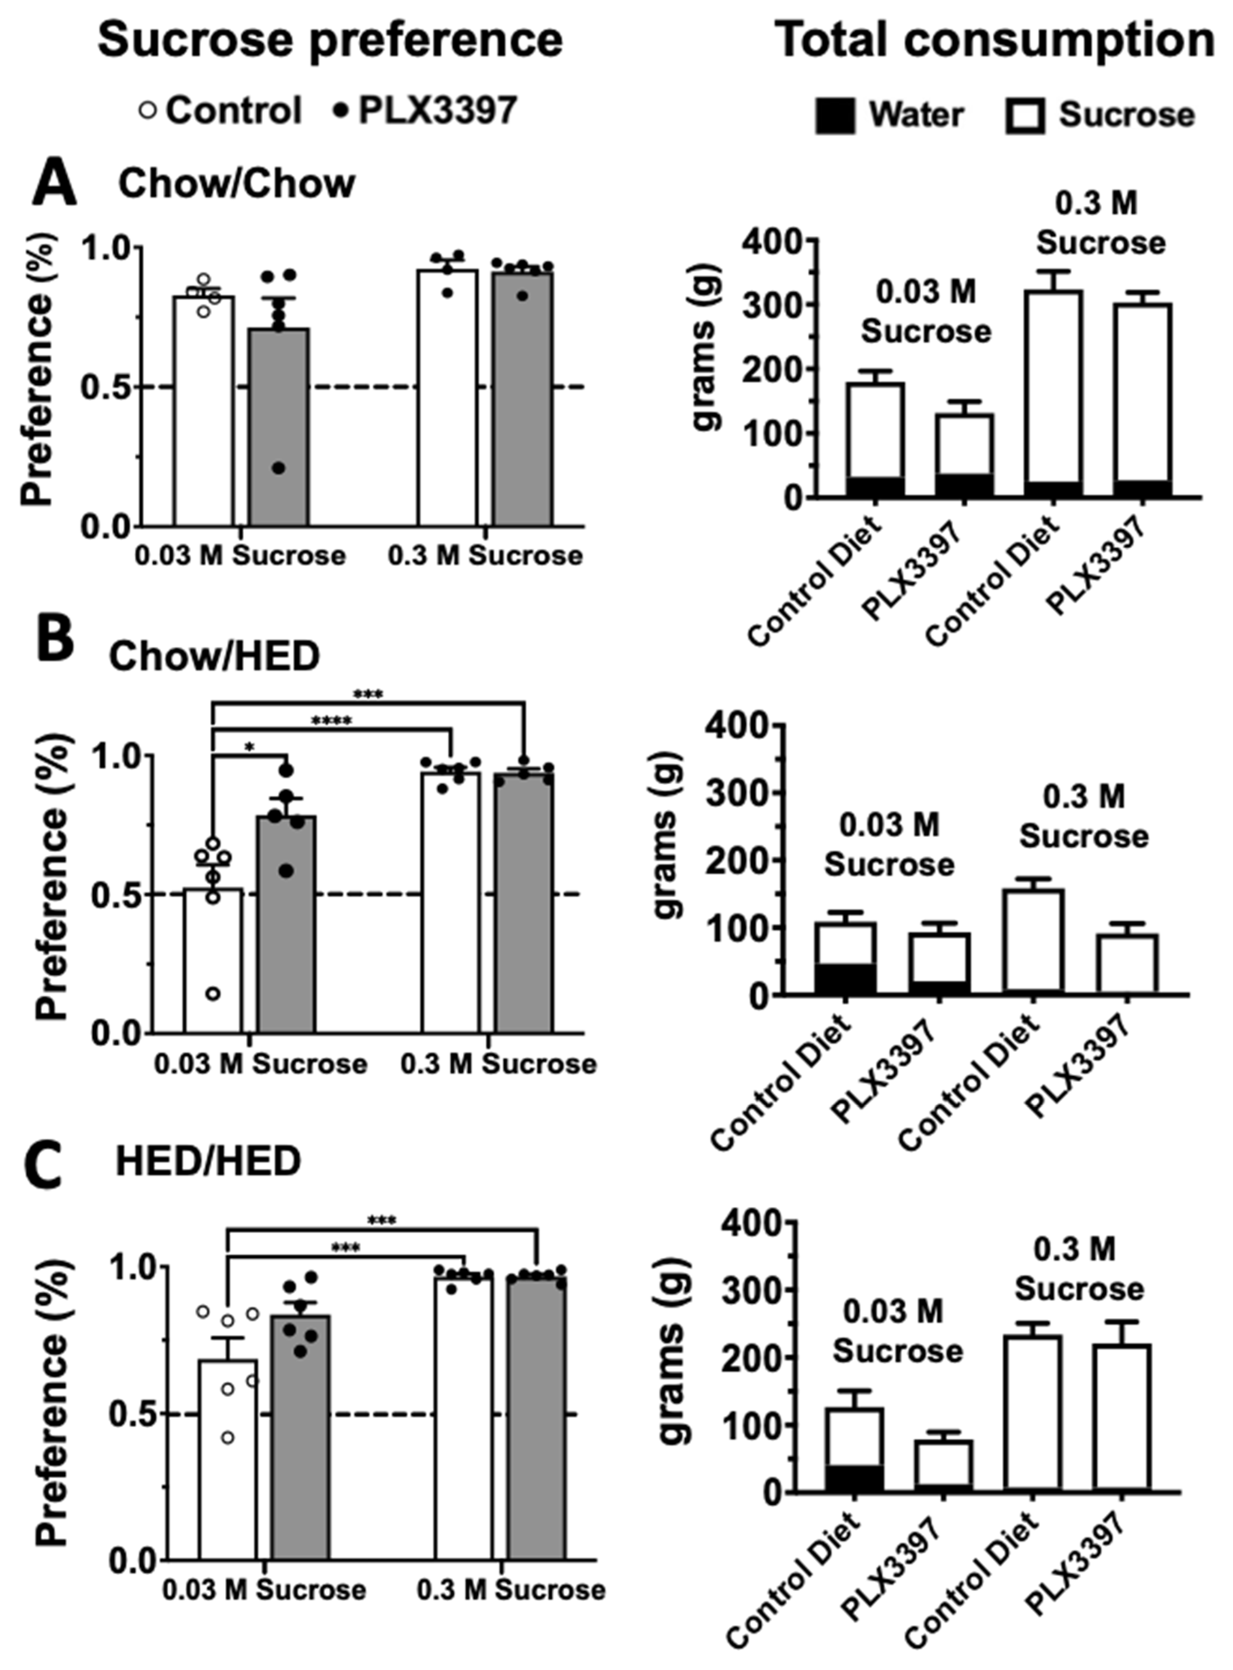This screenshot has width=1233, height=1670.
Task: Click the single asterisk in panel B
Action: (249, 747)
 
